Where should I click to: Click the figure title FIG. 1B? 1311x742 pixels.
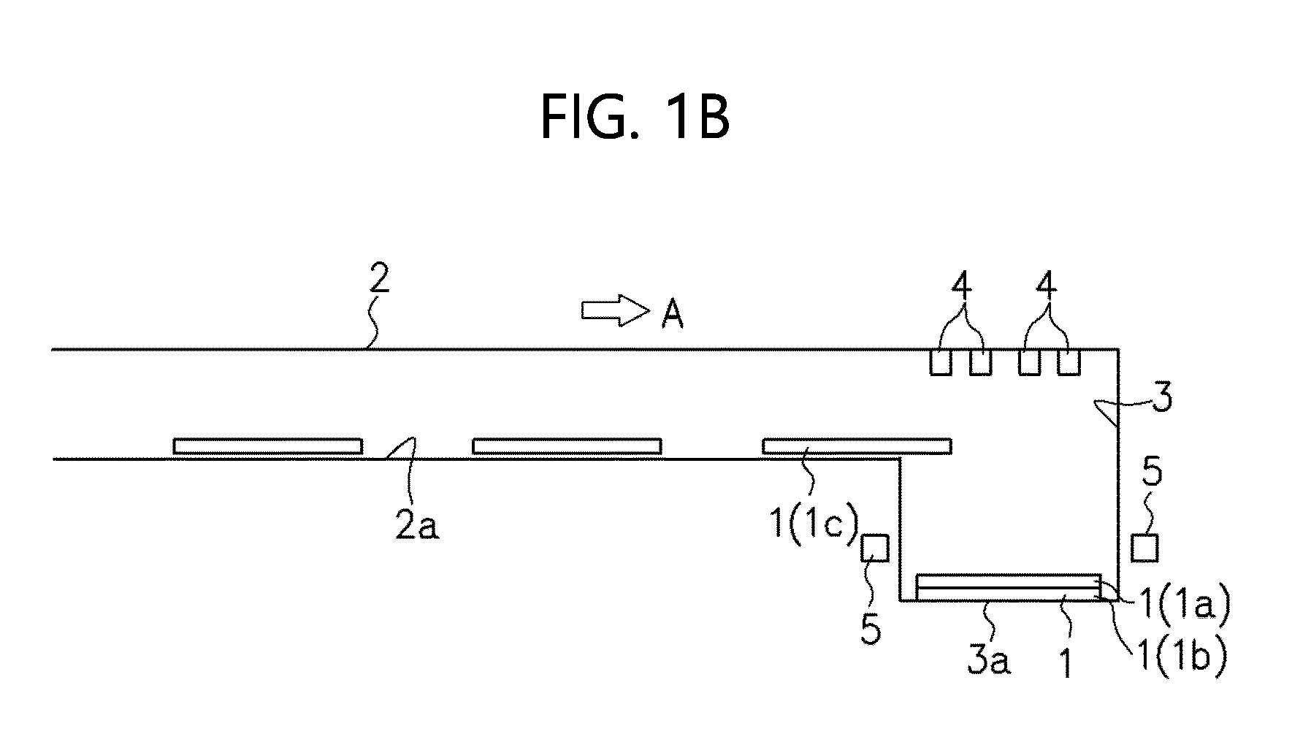(x=635, y=118)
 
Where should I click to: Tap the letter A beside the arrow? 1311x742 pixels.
(x=672, y=315)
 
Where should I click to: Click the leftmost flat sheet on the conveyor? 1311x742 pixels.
(x=267, y=446)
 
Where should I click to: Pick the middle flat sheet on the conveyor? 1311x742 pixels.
(x=567, y=446)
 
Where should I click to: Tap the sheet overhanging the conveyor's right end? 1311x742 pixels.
(x=857, y=446)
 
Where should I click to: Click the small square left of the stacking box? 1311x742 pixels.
(x=874, y=548)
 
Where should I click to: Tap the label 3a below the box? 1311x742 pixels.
(x=989, y=660)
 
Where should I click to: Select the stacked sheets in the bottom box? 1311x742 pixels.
(x=1008, y=588)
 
